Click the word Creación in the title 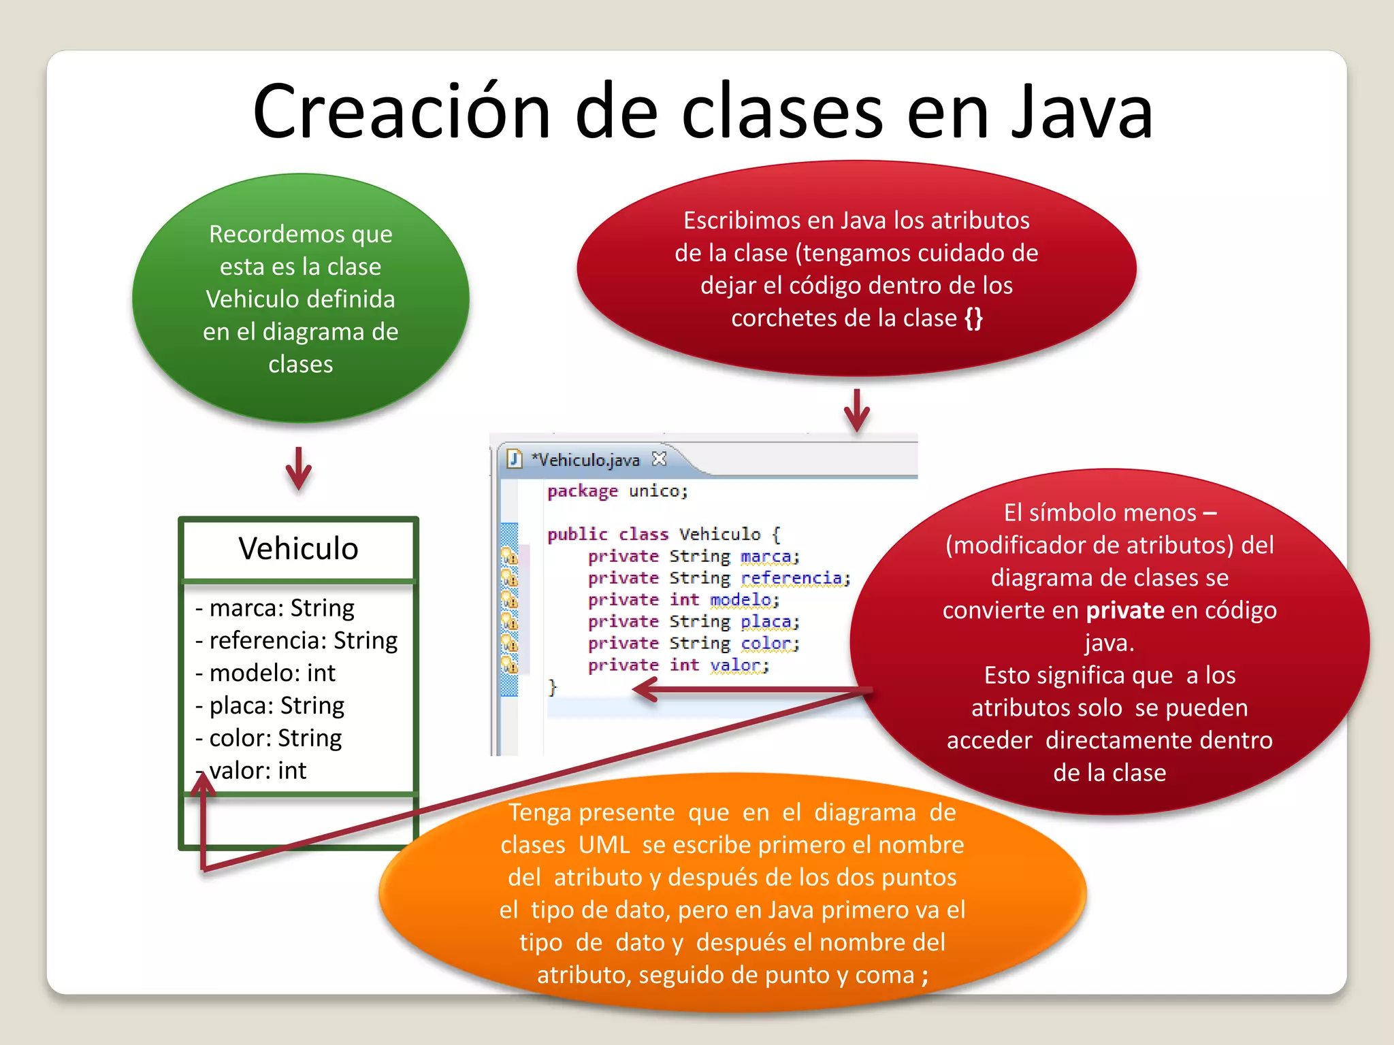(x=401, y=112)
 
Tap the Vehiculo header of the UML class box (x=298, y=548)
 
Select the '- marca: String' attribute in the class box (x=275, y=608)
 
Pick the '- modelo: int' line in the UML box (x=265, y=673)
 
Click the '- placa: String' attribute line (x=270, y=706)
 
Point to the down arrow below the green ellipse (x=298, y=469)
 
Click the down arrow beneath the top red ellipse (x=856, y=411)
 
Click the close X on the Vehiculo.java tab (x=659, y=459)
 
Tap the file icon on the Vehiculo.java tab (x=515, y=459)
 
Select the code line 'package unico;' (x=617, y=491)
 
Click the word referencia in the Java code (x=794, y=578)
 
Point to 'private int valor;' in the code (x=678, y=665)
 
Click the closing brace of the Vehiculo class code (x=553, y=687)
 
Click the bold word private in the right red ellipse (x=1125, y=610)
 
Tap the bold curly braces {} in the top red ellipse (x=974, y=318)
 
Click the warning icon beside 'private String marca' (x=509, y=557)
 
